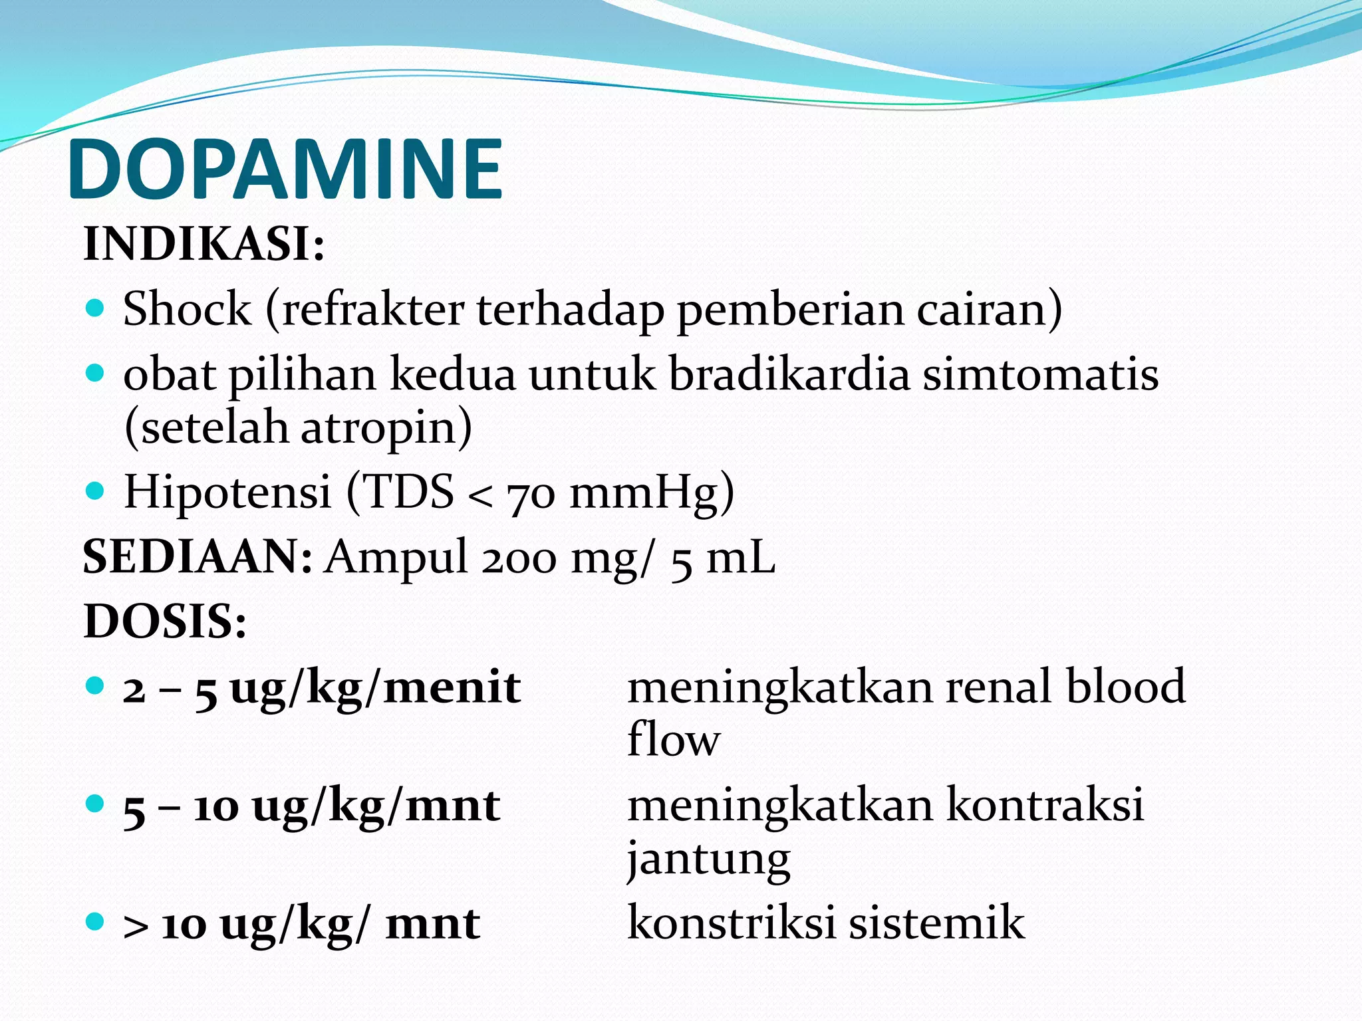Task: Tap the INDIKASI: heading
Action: (204, 244)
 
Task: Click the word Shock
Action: (188, 309)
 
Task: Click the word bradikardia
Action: (789, 374)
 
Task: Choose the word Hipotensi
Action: (227, 492)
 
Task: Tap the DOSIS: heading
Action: (165, 622)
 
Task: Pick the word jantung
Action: (708, 858)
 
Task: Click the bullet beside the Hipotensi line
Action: (96, 491)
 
